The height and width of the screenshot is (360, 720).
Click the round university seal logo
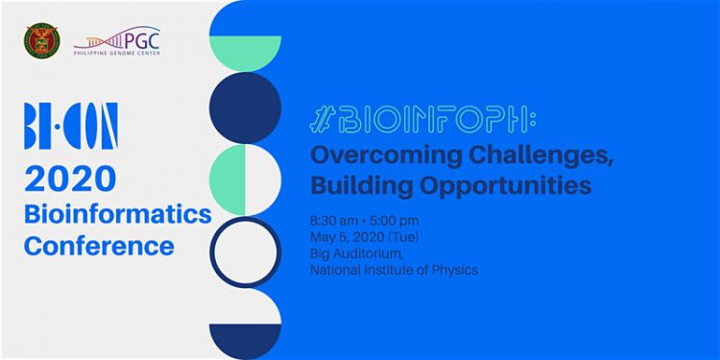tap(42, 41)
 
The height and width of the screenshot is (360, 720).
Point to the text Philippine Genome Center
tap(116, 53)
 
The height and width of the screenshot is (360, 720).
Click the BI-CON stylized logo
tap(71, 126)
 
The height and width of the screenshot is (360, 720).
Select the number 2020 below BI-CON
tap(70, 179)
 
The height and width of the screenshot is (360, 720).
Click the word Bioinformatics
tap(117, 214)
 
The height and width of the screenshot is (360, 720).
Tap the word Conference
tap(99, 246)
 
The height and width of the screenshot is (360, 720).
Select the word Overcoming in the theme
tap(387, 156)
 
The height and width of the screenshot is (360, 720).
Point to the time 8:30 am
tap(334, 222)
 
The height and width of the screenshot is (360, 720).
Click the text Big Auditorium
tap(357, 254)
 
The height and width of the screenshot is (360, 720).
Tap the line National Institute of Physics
tap(394, 270)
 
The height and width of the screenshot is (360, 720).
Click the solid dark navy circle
tap(245, 108)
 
